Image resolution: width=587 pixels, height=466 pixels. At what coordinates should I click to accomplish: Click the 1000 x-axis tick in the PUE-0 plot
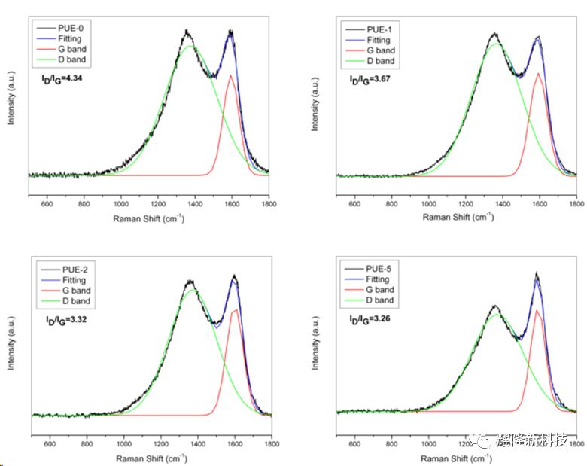click(x=120, y=203)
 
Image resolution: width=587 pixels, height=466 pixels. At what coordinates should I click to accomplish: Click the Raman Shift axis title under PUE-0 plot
click(x=149, y=218)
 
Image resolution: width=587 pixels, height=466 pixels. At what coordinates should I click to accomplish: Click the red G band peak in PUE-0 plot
click(x=230, y=75)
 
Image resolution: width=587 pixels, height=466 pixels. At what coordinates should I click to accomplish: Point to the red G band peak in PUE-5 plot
click(x=537, y=309)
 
